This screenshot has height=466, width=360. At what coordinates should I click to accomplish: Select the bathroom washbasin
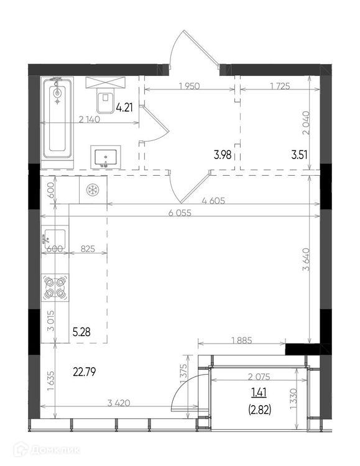pyautogui.click(x=106, y=157)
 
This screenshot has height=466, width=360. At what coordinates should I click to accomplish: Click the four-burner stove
pyautogui.click(x=55, y=288)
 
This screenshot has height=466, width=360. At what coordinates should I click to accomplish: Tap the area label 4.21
pyautogui.click(x=124, y=107)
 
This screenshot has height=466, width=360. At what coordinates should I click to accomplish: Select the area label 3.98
pyautogui.click(x=223, y=155)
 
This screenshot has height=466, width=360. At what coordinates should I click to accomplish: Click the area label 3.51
pyautogui.click(x=299, y=155)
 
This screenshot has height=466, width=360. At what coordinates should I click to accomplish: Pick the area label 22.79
pyautogui.click(x=84, y=372)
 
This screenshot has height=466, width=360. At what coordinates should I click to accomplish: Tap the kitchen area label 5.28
pyautogui.click(x=81, y=332)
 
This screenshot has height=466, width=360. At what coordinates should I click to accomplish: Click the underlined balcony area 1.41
pyautogui.click(x=259, y=393)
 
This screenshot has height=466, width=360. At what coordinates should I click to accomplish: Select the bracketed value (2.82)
pyautogui.click(x=259, y=411)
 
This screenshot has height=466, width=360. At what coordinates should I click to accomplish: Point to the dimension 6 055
pyautogui.click(x=180, y=212)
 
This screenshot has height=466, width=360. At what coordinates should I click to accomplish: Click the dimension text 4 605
pyautogui.click(x=213, y=201)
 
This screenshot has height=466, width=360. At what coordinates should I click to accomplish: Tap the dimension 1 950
pyautogui.click(x=189, y=86)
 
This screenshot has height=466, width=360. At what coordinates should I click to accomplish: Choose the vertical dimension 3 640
pyautogui.click(x=306, y=259)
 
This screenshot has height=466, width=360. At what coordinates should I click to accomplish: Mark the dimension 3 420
pyautogui.click(x=119, y=403)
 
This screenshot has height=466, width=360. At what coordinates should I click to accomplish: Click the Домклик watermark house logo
pyautogui.click(x=22, y=450)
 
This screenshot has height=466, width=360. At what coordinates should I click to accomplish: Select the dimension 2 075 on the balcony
pyautogui.click(x=259, y=377)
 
